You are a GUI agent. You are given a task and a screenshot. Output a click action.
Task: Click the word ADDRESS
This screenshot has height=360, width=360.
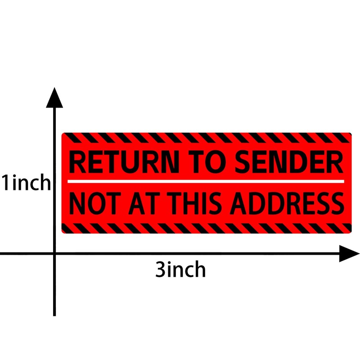click(x=287, y=203)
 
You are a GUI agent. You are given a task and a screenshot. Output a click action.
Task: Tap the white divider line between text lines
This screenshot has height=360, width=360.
click(x=206, y=181)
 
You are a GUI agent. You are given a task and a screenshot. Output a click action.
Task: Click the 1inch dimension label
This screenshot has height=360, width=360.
click(x=26, y=183)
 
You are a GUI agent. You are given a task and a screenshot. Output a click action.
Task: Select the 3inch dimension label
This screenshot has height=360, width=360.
click(x=180, y=270)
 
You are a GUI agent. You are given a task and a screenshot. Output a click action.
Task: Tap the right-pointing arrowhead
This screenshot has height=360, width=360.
click(x=348, y=254)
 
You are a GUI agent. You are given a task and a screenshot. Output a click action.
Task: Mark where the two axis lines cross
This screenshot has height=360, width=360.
click(x=54, y=254)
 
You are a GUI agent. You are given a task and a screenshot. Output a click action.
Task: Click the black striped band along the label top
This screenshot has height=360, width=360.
click(x=206, y=137)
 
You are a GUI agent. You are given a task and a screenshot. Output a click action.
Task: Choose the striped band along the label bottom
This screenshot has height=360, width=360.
click(x=206, y=228)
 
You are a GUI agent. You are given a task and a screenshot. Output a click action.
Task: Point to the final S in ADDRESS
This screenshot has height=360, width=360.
click(x=335, y=203)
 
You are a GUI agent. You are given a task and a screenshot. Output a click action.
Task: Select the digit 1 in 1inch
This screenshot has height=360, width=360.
click(x=6, y=183)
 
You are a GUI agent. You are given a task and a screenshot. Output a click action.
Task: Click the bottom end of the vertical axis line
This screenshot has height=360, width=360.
click(x=54, y=314)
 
